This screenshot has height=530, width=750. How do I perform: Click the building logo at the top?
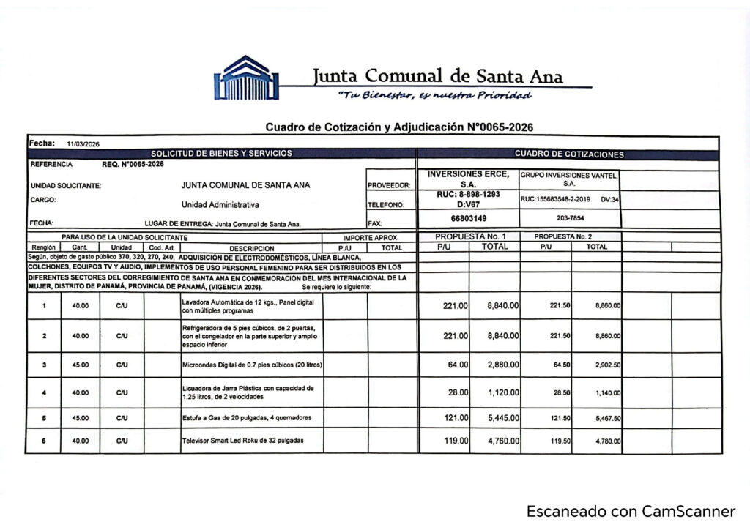246,78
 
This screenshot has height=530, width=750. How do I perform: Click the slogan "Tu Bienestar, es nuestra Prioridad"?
434,96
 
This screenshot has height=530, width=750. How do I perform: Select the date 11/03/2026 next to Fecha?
83,144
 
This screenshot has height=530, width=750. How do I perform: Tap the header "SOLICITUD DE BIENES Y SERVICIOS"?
221,154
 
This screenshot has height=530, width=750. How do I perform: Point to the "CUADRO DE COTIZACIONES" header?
569,154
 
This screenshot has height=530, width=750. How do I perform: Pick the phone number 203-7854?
569,218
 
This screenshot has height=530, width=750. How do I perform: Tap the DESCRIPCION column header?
251,248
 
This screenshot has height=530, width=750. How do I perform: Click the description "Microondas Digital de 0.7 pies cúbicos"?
251,365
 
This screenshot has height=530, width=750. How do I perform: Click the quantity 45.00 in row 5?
81,418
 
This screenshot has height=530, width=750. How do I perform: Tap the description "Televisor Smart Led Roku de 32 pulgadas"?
242,441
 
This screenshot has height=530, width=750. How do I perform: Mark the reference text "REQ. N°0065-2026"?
133,164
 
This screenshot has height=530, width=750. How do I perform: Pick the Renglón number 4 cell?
45,393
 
